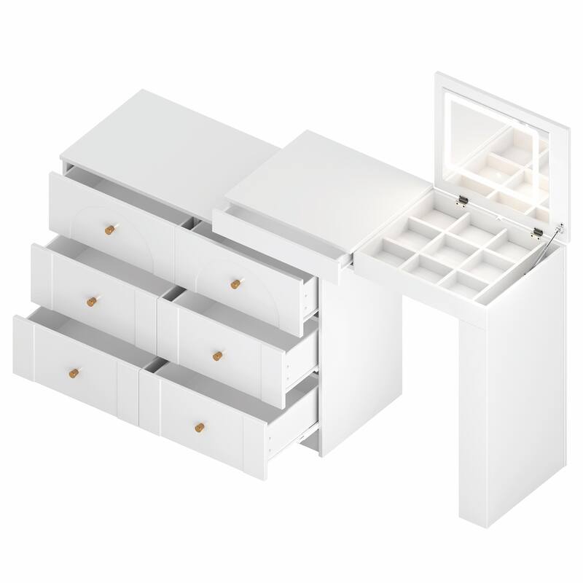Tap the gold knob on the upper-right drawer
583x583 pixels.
(x=235, y=283)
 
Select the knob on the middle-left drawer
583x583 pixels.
(x=90, y=302)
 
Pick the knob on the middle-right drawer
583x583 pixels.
(x=217, y=356)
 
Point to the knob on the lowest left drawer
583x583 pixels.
(x=71, y=373)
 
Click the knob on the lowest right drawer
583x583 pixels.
(x=198, y=427)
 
